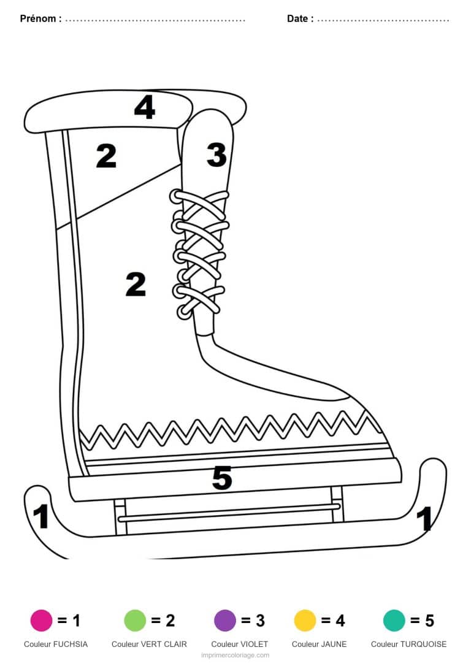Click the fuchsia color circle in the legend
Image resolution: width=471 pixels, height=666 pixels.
(41, 620)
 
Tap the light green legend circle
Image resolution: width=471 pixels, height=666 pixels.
(135, 620)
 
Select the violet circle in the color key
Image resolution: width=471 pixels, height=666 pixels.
(224, 620)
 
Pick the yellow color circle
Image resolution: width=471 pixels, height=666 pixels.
(305, 620)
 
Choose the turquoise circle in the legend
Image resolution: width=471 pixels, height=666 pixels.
(394, 620)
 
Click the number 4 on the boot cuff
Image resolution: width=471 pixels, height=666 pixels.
(144, 107)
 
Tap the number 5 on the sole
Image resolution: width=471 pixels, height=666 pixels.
(221, 478)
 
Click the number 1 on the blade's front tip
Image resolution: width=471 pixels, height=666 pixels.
(424, 518)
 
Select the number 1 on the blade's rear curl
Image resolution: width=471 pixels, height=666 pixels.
(40, 516)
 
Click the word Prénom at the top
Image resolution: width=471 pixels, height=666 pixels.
(38, 18)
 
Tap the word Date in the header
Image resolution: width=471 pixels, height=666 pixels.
(297, 18)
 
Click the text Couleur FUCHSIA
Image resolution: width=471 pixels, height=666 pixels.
(56, 644)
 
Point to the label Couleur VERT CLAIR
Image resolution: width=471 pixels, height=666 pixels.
(149, 644)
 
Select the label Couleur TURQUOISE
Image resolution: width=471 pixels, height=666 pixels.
(408, 644)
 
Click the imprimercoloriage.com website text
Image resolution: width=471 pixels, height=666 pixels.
(235, 656)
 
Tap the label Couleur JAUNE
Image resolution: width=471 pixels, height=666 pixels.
(319, 644)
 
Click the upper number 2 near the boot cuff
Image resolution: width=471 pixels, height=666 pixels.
(106, 156)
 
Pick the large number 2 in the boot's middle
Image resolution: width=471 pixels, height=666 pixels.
(136, 284)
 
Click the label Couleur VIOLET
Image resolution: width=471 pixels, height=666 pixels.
(240, 644)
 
